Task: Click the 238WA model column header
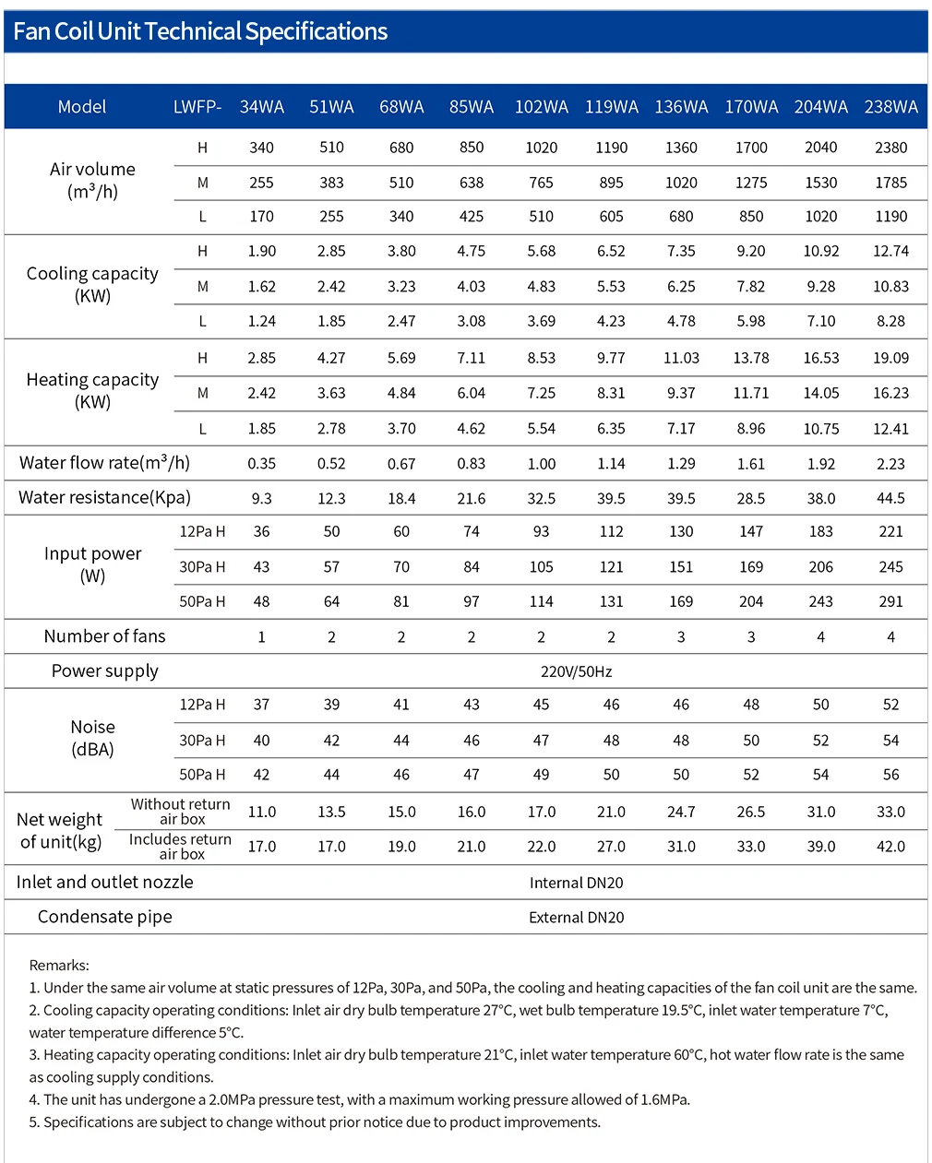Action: (890, 106)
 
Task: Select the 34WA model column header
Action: (261, 106)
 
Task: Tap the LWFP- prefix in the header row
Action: (197, 106)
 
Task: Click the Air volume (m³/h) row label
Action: (92, 181)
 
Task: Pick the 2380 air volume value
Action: (890, 147)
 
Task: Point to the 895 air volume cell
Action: (611, 183)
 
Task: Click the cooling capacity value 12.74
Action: (890, 251)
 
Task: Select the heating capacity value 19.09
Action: (890, 358)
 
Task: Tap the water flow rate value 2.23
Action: (890, 464)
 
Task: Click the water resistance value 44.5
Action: (890, 498)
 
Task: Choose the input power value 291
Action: (890, 601)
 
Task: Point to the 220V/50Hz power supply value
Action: (576, 671)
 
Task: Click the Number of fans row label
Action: (104, 636)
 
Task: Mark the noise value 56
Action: (890, 775)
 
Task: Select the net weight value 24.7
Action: (680, 812)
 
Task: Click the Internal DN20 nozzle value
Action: (576, 883)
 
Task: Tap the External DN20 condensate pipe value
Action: (576, 917)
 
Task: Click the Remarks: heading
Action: (59, 966)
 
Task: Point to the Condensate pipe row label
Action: (104, 917)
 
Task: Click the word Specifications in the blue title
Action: (316, 32)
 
